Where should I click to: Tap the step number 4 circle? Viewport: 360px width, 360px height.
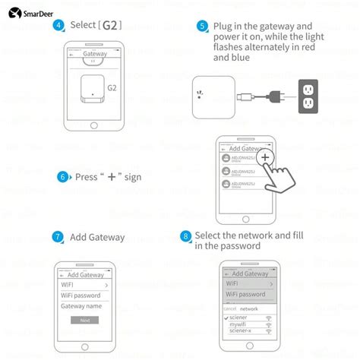pyautogui.click(x=58, y=25)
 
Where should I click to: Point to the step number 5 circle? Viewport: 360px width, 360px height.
pyautogui.click(x=202, y=26)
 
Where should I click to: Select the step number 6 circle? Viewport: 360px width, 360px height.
pyautogui.click(x=62, y=177)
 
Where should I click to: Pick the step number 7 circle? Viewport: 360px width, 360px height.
pyautogui.click(x=58, y=237)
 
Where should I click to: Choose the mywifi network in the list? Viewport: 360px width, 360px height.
pyautogui.click(x=242, y=324)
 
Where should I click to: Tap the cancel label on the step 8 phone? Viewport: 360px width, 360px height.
pyautogui.click(x=229, y=308)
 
